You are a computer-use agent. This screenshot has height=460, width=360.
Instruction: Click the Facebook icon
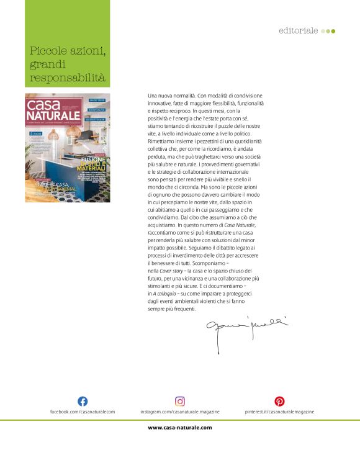[x=82, y=401]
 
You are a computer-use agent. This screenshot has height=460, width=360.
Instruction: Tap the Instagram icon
[x=180, y=401]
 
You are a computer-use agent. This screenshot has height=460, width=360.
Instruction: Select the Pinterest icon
[x=279, y=401]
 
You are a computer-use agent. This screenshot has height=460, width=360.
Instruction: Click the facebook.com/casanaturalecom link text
[x=83, y=412]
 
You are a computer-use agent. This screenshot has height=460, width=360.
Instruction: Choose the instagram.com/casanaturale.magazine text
[x=180, y=412]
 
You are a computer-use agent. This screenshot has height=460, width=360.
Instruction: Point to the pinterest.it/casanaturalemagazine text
[x=280, y=412]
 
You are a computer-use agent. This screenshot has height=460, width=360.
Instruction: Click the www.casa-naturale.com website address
[x=180, y=427]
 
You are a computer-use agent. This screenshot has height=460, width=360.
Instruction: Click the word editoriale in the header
[x=299, y=30]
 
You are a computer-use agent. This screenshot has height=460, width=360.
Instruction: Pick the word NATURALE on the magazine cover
[x=57, y=116]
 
